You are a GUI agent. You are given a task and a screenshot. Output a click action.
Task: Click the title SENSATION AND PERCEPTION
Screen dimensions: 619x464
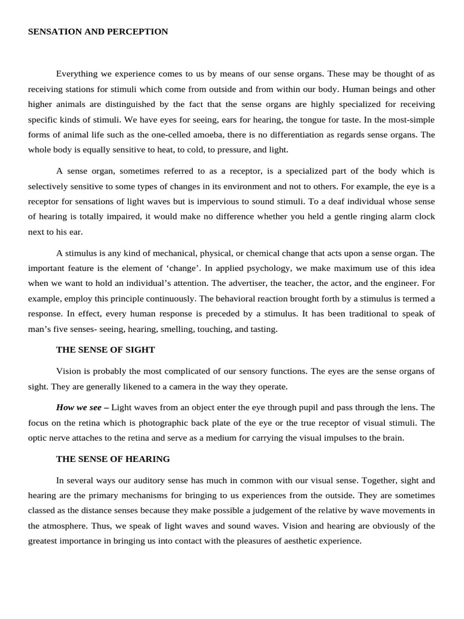[98, 31]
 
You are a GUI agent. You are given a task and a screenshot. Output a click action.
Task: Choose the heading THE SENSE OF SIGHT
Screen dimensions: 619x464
[105, 349]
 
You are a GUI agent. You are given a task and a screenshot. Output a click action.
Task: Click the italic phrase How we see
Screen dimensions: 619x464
[79, 407]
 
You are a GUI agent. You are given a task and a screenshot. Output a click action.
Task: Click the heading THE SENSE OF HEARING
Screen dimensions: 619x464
[113, 459]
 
